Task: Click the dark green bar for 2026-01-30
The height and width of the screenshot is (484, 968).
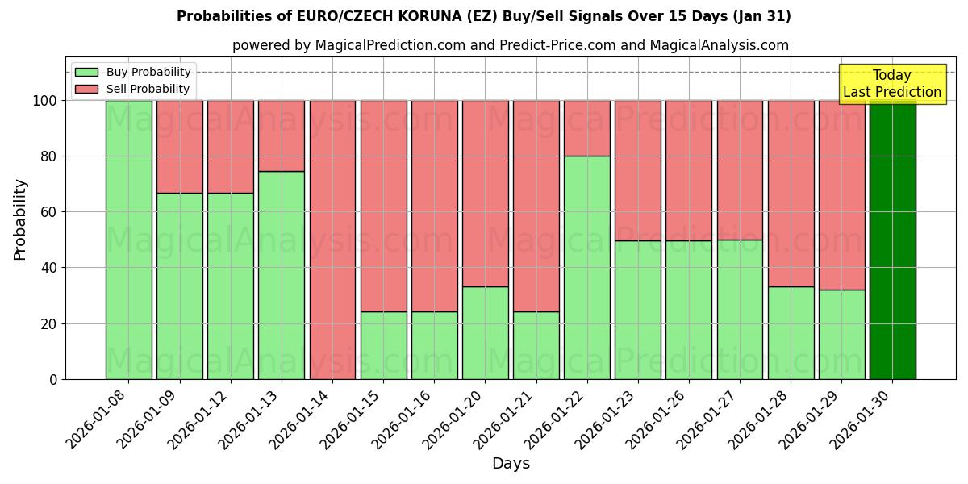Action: coord(892,240)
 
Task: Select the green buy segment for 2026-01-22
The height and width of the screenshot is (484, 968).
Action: coord(586,268)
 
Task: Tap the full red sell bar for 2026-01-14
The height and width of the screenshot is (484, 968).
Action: coord(332,240)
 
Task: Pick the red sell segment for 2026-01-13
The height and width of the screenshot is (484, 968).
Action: coord(282,136)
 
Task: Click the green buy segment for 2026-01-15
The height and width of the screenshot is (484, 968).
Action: coord(383,345)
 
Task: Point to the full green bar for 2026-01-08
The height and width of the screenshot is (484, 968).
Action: coord(128,240)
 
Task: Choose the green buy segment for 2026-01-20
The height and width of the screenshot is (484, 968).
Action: coord(485,332)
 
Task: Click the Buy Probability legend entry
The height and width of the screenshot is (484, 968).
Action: coord(148,72)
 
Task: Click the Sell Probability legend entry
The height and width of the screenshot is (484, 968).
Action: coord(148,89)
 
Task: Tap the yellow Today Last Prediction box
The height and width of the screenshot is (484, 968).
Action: coord(891,84)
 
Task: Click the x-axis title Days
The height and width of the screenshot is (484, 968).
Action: coord(511,464)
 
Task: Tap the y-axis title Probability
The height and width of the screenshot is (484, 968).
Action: coord(20,219)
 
